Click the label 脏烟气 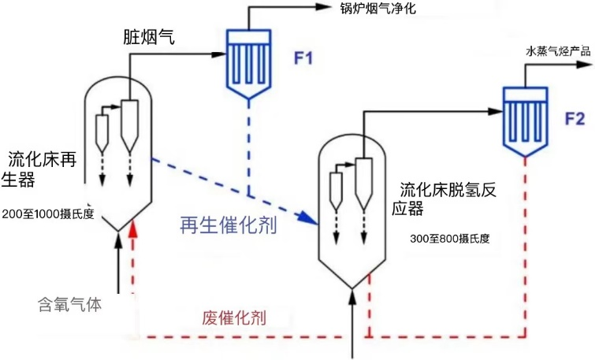pyautogui.click(x=149, y=36)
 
